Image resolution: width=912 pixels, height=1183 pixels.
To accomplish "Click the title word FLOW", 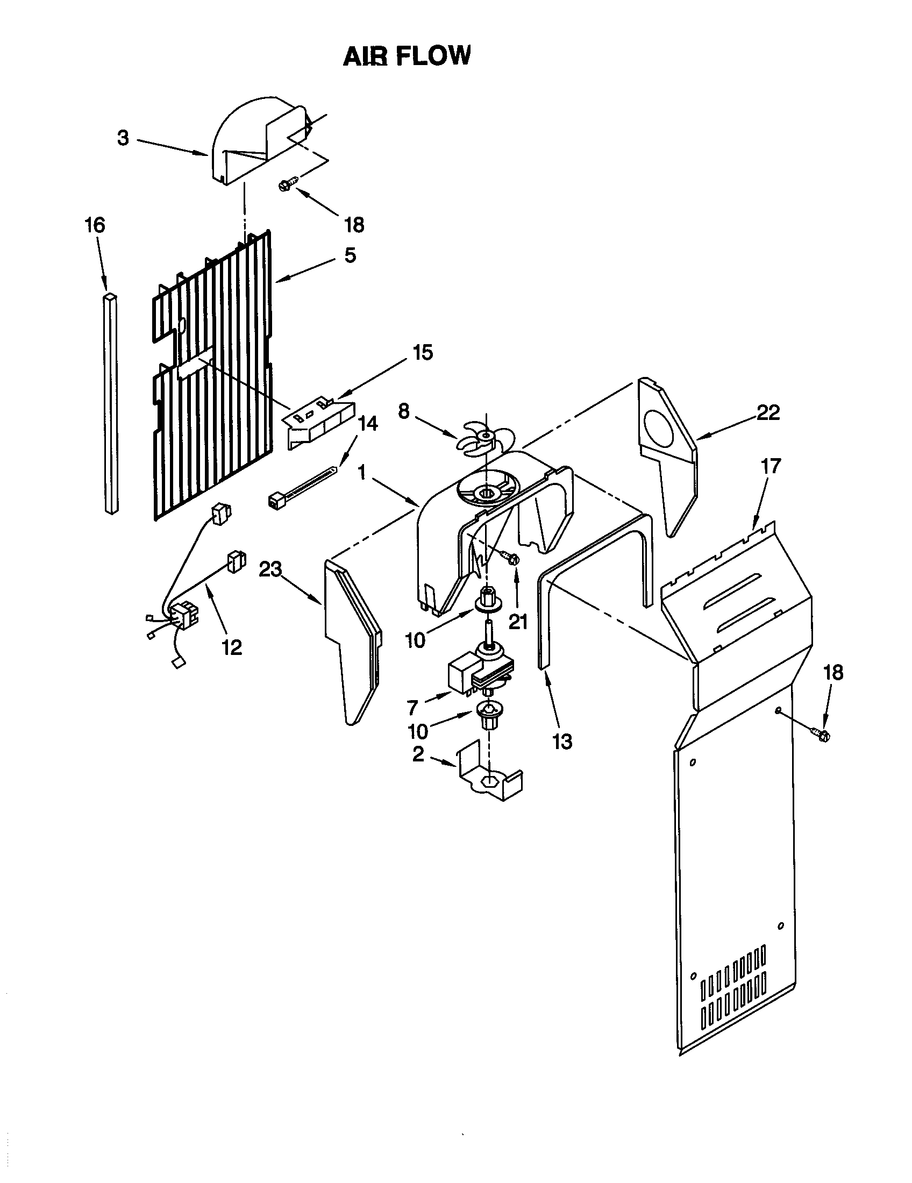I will (433, 56).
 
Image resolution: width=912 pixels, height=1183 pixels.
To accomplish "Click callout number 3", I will (123, 139).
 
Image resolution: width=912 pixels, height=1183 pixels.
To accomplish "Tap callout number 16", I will (95, 225).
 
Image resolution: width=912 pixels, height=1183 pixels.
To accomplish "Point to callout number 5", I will (351, 255).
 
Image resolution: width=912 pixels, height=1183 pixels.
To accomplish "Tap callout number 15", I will (423, 353).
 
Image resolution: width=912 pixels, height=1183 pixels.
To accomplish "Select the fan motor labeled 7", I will (476, 672).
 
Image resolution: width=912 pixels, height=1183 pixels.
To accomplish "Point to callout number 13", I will (562, 742).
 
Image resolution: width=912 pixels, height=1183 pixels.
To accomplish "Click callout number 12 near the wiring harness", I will (232, 647).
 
